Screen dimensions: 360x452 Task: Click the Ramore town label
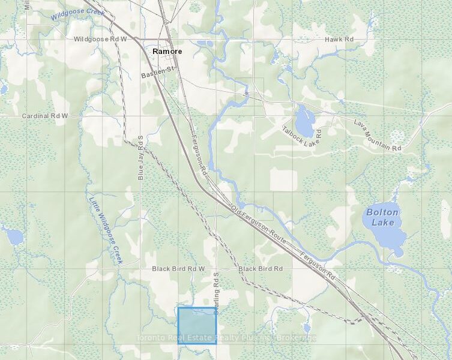(x=166, y=52)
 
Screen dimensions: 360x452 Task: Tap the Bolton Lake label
(x=382, y=217)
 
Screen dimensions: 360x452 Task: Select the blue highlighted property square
(x=197, y=325)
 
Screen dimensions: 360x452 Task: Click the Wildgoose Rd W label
(x=100, y=39)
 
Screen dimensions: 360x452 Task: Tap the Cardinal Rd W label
(x=45, y=115)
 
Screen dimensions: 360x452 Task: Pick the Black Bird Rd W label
(x=178, y=269)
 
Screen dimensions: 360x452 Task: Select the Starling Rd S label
(x=216, y=290)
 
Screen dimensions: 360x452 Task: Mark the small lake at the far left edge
(x=12, y=235)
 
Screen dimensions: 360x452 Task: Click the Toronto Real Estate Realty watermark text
(x=226, y=337)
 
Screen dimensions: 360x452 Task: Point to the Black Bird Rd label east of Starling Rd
(x=261, y=269)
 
